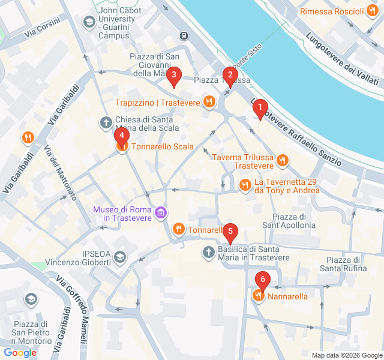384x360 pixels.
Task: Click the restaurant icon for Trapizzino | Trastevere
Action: (209, 102)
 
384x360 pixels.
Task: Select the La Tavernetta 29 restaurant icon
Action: (245, 185)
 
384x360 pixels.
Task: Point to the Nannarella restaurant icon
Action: (258, 296)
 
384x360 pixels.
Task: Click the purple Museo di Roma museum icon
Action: (160, 212)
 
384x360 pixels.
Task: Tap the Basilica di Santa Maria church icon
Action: (208, 253)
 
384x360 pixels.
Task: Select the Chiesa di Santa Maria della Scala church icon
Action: (106, 124)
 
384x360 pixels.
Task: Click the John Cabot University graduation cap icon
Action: (89, 23)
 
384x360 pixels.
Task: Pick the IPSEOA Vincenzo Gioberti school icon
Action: (120, 257)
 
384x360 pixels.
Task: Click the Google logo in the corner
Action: (20, 352)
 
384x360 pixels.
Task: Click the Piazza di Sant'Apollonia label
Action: (293, 221)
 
